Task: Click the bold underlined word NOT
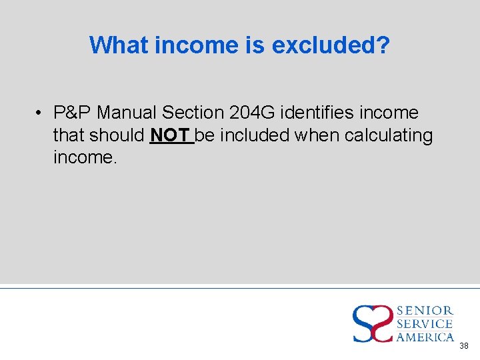coord(171,135)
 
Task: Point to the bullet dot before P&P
coord(41,113)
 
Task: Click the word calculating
coord(389,135)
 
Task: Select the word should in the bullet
coord(117,135)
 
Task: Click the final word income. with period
coord(85,158)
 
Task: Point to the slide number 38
coord(464,346)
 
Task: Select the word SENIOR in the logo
coord(425,311)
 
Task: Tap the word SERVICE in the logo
coord(425,324)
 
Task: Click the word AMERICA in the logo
coord(425,337)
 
